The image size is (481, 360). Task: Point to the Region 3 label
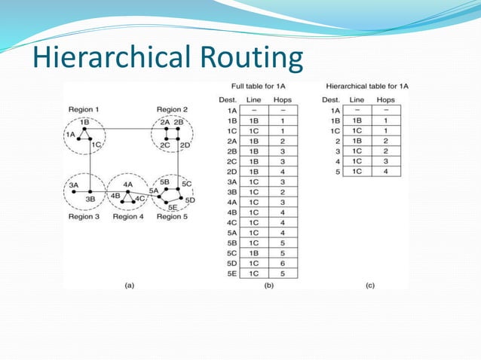tap(84, 217)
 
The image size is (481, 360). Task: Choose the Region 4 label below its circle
tap(127, 217)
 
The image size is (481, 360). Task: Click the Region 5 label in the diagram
tap(173, 217)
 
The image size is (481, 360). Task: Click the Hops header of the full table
tap(283, 99)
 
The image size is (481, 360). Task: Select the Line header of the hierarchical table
tap(357, 99)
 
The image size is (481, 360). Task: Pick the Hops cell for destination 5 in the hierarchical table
tap(385, 172)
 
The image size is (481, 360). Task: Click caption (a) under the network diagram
tap(128, 285)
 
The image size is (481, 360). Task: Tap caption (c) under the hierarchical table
tap(369, 285)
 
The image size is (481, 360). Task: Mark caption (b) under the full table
tap(268, 285)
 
